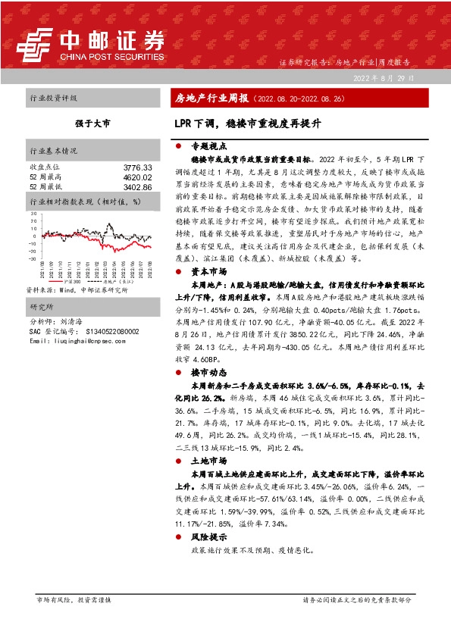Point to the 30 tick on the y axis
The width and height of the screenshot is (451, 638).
33,214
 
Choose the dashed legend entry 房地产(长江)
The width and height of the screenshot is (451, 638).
114,281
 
